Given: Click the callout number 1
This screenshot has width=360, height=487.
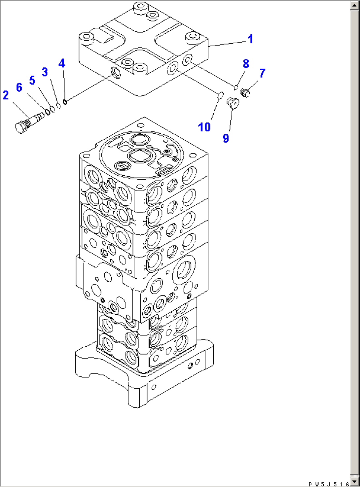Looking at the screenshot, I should point(250,39).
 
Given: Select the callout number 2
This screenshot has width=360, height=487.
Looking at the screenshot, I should point(6,95).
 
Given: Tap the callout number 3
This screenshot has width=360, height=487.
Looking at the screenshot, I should point(45,72).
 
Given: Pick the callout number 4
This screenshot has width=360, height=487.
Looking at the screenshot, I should point(62,63).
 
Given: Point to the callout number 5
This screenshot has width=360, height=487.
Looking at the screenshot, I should point(32,80).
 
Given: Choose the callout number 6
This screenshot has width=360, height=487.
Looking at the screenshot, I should point(19,87).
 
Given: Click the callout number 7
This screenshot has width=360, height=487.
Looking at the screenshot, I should point(262,73).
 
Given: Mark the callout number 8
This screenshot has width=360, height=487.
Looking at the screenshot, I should point(246,64).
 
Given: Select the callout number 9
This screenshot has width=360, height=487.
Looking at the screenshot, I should point(226,138).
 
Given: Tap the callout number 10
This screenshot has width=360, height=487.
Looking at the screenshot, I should point(204,127).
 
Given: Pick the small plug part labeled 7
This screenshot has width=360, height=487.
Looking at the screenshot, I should point(245,93).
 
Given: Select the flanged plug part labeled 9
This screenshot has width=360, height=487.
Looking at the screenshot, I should point(233,103).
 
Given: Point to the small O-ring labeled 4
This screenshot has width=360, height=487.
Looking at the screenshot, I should point(65,102).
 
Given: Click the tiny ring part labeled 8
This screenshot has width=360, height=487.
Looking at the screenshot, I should point(235,88).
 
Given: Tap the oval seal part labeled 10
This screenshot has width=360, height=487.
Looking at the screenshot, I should point(221,95).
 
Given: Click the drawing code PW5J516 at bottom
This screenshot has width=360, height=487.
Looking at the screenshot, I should point(328,484).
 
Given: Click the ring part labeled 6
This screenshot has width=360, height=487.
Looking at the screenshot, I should point(48,112).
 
